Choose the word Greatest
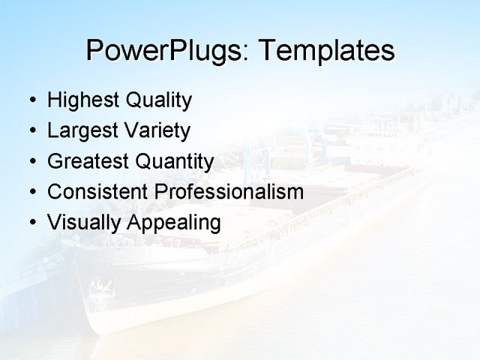coord(88,161)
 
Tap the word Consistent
coord(98,192)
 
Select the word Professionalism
coord(229,192)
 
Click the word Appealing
coord(174,223)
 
